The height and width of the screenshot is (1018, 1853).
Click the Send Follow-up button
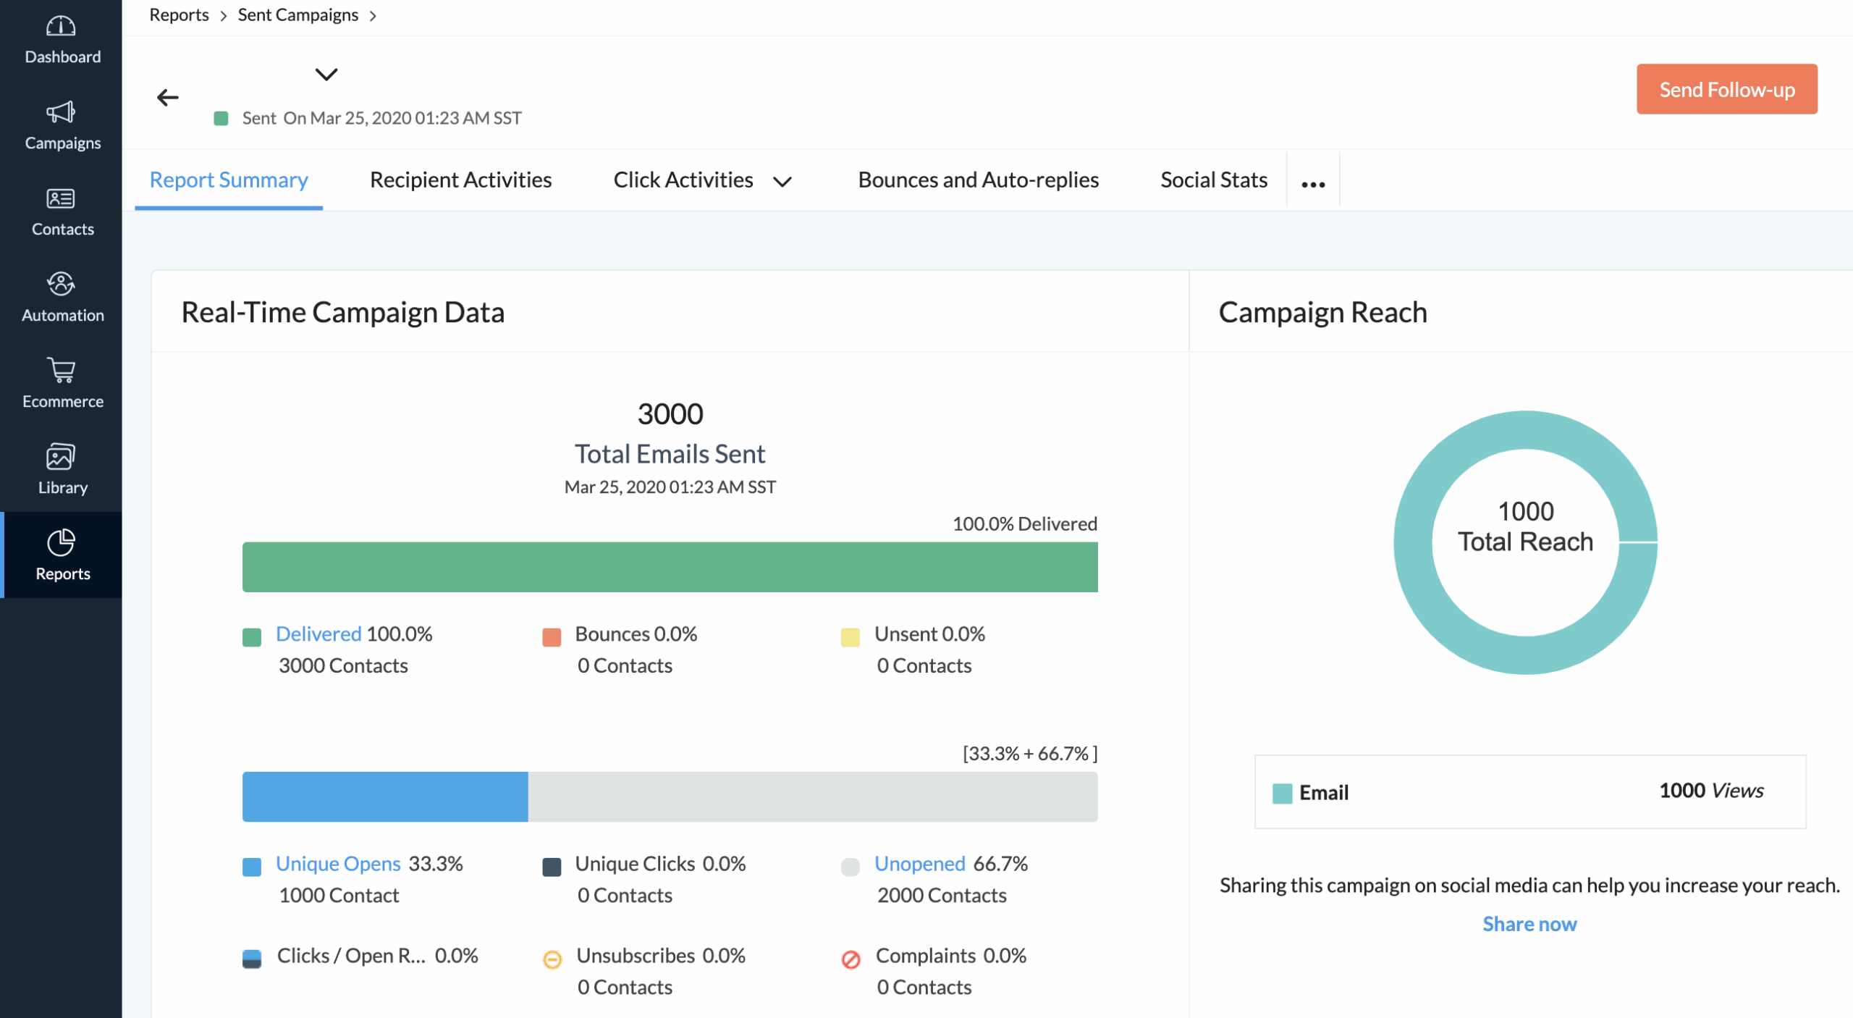pyautogui.click(x=1726, y=89)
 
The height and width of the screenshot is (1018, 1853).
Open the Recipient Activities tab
pyautogui.click(x=460, y=180)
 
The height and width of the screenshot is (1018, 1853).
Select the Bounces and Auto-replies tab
pyautogui.click(x=978, y=180)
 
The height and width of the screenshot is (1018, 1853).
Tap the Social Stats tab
pyautogui.click(x=1213, y=180)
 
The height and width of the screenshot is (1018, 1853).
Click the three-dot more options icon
pyautogui.click(x=1312, y=184)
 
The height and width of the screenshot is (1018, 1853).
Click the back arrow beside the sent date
pyautogui.click(x=168, y=97)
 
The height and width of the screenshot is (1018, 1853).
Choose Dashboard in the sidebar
pyautogui.click(x=62, y=41)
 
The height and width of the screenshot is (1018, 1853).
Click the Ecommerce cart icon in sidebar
pyautogui.click(x=62, y=370)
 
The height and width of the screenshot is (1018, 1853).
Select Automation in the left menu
pyautogui.click(x=62, y=298)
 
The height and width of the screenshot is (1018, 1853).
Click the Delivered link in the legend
pyautogui.click(x=318, y=634)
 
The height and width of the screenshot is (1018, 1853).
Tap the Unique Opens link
pyautogui.click(x=337, y=863)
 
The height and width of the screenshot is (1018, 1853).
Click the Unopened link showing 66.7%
pyautogui.click(x=919, y=863)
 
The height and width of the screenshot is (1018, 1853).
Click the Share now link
pyautogui.click(x=1529, y=924)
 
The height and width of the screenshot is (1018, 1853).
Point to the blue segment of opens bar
pyautogui.click(x=384, y=796)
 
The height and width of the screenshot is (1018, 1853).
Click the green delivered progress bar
pyautogui.click(x=670, y=567)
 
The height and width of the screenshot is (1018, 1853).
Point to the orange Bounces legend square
pyautogui.click(x=552, y=637)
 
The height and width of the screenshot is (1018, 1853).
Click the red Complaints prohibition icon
pyautogui.click(x=850, y=959)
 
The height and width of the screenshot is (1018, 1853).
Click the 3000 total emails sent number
pyautogui.click(x=670, y=414)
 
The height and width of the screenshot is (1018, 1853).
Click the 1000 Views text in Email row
pyautogui.click(x=1710, y=791)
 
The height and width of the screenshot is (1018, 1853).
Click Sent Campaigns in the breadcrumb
pyautogui.click(x=297, y=15)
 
